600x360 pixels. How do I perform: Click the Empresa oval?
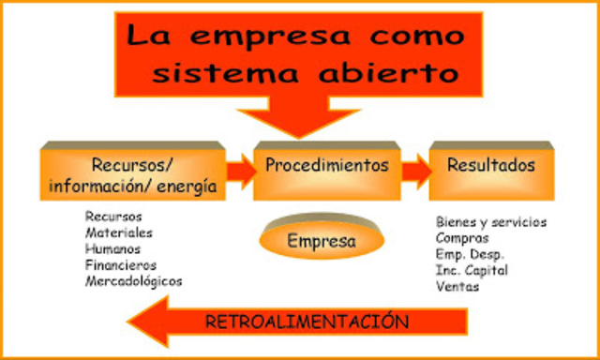(x=322, y=241)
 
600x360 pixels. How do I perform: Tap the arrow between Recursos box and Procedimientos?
(x=240, y=171)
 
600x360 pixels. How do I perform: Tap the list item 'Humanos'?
(x=112, y=248)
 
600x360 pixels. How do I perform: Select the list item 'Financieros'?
(x=119, y=264)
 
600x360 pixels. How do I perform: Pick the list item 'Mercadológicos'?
(x=134, y=280)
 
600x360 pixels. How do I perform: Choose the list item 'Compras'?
(x=461, y=238)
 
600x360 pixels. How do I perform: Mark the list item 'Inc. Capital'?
(x=472, y=270)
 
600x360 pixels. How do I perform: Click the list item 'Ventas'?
(x=457, y=286)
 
